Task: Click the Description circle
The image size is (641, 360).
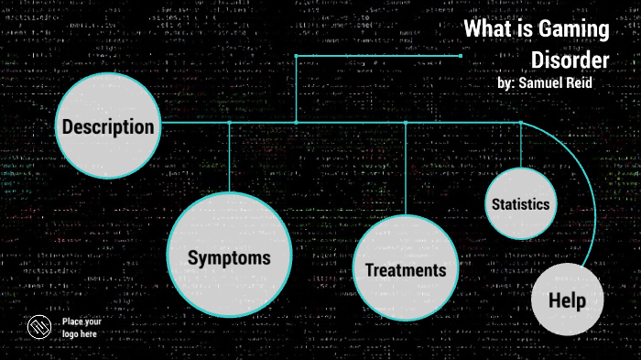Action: [x=108, y=126]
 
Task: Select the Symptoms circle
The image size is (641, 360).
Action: [x=229, y=256]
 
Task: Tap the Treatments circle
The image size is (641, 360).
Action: [x=405, y=268]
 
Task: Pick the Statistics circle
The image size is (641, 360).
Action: [x=520, y=203]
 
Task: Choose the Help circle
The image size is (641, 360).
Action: [x=567, y=300]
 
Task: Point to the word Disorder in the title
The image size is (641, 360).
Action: [x=570, y=60]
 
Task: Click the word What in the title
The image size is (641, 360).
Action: [x=485, y=29]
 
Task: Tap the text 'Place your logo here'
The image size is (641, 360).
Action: [x=81, y=327]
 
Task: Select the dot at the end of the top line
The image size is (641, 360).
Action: [x=461, y=56]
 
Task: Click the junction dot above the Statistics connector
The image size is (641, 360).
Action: [x=521, y=122]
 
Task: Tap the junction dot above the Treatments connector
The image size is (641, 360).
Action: [x=406, y=122]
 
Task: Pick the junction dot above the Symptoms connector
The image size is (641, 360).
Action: [x=229, y=122]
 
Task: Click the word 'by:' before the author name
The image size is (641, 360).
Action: [x=505, y=82]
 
